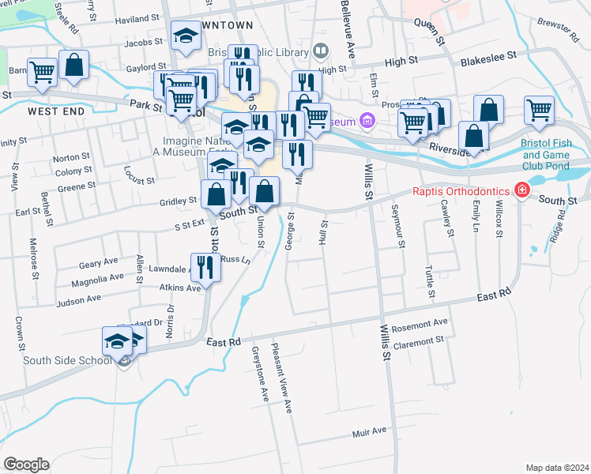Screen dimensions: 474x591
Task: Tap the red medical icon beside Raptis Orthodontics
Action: coord(521,190)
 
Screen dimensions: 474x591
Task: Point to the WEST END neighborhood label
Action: coord(56,111)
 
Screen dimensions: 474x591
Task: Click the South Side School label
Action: coord(58,361)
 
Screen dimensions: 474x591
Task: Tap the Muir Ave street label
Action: coord(369,431)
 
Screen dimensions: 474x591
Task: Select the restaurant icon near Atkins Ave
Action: coord(205,266)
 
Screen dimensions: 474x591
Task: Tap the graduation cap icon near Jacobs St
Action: coord(186,36)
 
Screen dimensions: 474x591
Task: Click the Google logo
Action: coord(26,464)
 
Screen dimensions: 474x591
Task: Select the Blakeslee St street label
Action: coord(487,57)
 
